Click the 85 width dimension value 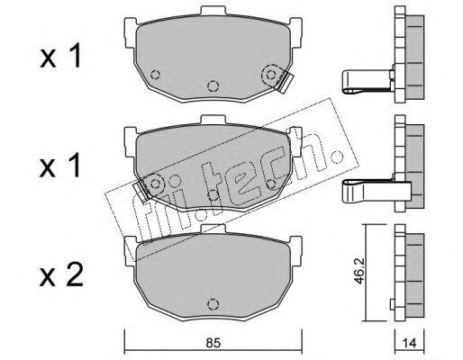click(213, 343)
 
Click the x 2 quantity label click(61, 275)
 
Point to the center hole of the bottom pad click(213, 304)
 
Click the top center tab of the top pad click(213, 11)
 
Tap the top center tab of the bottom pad click(213, 229)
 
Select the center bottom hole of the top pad click(213, 85)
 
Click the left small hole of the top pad click(155, 74)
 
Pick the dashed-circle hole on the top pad click(271, 75)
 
